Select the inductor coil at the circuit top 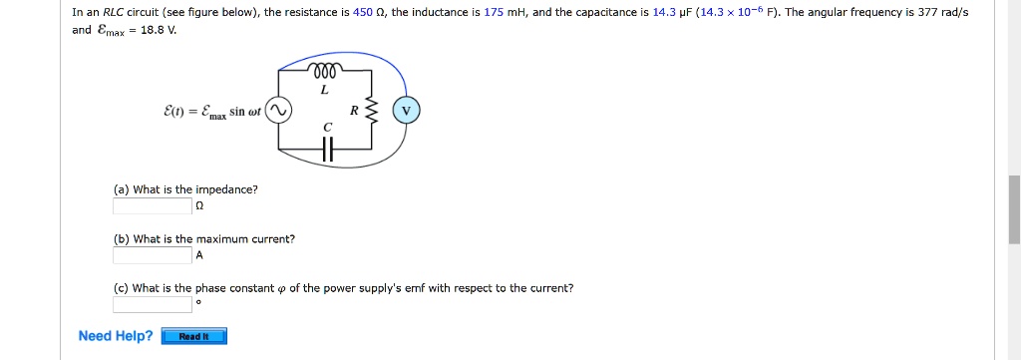[x=325, y=71]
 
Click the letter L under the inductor [x=325, y=90]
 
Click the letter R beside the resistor [x=354, y=111]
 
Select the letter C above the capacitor [x=325, y=127]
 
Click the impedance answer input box [x=152, y=206]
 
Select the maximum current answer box [x=152, y=255]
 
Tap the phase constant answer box [x=152, y=304]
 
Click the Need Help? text [x=116, y=336]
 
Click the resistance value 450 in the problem [x=363, y=13]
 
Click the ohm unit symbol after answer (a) [x=199, y=206]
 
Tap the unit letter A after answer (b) [x=199, y=255]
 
